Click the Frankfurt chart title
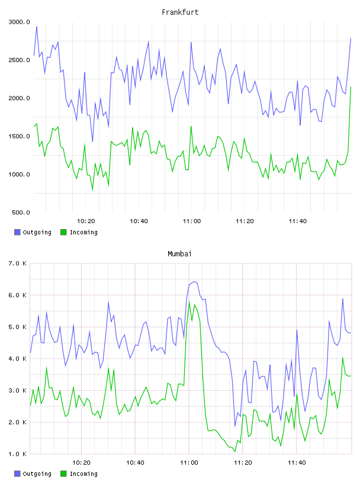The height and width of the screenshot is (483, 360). (x=180, y=12)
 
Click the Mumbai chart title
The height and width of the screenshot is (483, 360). (x=179, y=253)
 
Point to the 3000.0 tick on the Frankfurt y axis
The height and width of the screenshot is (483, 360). (x=20, y=22)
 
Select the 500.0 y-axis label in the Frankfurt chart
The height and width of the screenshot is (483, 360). (x=21, y=212)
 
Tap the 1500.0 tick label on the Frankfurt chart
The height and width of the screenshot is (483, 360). (x=20, y=136)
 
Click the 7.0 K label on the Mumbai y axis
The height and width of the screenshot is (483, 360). (x=18, y=263)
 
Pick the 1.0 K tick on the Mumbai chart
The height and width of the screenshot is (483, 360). (x=18, y=454)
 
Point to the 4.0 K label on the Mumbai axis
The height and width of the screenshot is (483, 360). (x=18, y=359)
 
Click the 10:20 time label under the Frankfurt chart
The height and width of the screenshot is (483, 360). (x=86, y=221)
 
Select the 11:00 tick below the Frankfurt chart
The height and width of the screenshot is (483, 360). (x=192, y=221)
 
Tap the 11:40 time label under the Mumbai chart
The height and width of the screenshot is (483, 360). (x=297, y=462)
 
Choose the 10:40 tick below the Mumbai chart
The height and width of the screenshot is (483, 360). (x=136, y=462)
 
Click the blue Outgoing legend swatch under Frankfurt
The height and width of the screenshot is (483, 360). (x=17, y=232)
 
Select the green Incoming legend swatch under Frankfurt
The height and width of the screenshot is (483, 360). (x=63, y=232)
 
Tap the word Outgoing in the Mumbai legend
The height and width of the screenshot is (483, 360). (x=37, y=474)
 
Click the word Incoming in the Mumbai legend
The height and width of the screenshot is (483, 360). (x=83, y=474)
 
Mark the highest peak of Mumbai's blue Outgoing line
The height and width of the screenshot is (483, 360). (x=194, y=281)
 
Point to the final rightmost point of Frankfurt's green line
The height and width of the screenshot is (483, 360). (x=351, y=87)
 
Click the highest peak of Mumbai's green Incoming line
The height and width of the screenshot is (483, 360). (x=189, y=301)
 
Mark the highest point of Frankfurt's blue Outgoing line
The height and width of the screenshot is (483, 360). (x=37, y=27)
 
